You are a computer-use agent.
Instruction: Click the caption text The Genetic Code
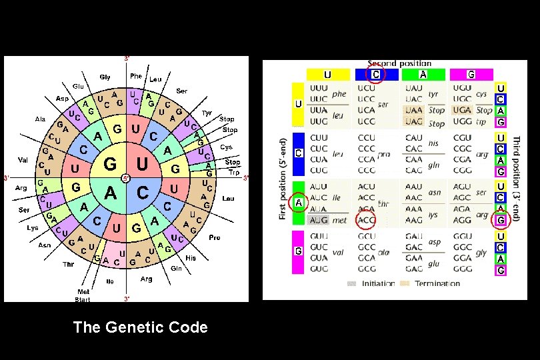[x=140, y=327]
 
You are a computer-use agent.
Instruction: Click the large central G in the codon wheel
[x=110, y=164]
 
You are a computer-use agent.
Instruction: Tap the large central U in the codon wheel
[x=141, y=164]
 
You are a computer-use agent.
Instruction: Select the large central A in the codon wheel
[x=111, y=193]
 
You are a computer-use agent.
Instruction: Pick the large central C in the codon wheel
[x=141, y=193]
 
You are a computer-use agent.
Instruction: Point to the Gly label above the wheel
[x=105, y=77]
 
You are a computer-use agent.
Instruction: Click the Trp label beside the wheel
[x=234, y=171]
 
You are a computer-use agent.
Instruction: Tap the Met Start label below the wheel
[x=83, y=295]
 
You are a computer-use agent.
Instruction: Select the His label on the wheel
[x=191, y=257]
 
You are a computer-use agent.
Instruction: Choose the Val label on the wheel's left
[x=23, y=160]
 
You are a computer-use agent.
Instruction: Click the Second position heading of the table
[x=399, y=63]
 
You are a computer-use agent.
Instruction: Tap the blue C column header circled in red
[x=376, y=75]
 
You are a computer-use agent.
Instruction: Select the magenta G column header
[x=471, y=75]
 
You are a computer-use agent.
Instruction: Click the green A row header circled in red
[x=298, y=202]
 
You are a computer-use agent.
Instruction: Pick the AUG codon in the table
[x=319, y=219]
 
